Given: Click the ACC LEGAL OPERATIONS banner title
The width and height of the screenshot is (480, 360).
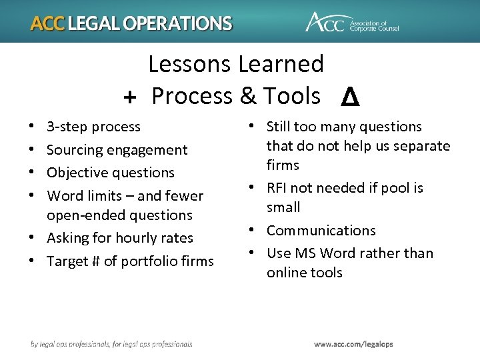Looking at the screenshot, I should point(131,23).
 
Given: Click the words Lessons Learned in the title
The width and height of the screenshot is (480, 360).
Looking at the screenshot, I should point(236,65).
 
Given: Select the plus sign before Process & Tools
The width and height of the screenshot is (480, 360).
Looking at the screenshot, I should point(131,97).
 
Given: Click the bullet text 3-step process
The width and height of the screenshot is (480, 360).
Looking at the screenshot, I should point(93,127).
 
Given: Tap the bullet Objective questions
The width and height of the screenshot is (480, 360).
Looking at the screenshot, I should point(111,173).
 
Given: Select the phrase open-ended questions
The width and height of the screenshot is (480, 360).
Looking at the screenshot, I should point(119,215).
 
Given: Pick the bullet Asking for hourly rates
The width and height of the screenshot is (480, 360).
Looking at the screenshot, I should point(120,238).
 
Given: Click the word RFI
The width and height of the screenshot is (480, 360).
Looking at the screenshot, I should point(279,188).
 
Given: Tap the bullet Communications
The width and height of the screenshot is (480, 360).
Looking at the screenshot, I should point(321,231).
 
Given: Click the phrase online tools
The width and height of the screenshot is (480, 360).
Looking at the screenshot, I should point(305,273).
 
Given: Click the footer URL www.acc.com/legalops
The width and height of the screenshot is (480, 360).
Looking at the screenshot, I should point(354,344).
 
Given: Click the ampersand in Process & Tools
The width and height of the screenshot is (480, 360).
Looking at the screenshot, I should point(248,97).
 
